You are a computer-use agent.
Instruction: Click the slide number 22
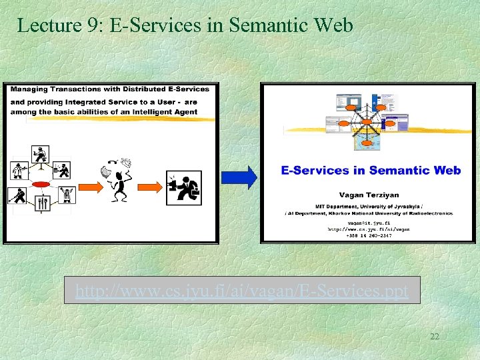coord(434,337)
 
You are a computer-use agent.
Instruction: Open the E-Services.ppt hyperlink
coord(242,291)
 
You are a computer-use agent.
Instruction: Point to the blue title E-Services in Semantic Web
coord(371,170)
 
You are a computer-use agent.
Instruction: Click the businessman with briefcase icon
coord(185,186)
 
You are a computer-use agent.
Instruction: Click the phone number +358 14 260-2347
coord(369,235)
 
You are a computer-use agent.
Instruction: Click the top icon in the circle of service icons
coord(42,153)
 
